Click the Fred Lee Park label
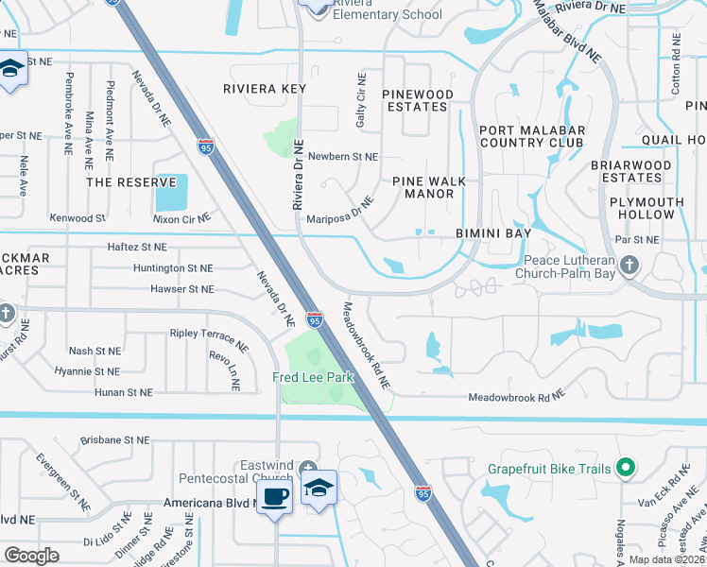click(x=312, y=377)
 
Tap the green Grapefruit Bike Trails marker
click(x=624, y=467)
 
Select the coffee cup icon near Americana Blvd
click(x=274, y=496)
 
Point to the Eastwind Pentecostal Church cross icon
click(x=307, y=470)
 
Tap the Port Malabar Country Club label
click(x=532, y=137)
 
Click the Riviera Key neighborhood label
click(x=265, y=89)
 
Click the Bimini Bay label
click(x=493, y=232)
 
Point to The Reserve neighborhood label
click(x=131, y=181)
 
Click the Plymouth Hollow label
click(x=660, y=208)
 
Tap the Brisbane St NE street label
click(x=114, y=439)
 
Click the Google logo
click(x=32, y=555)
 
